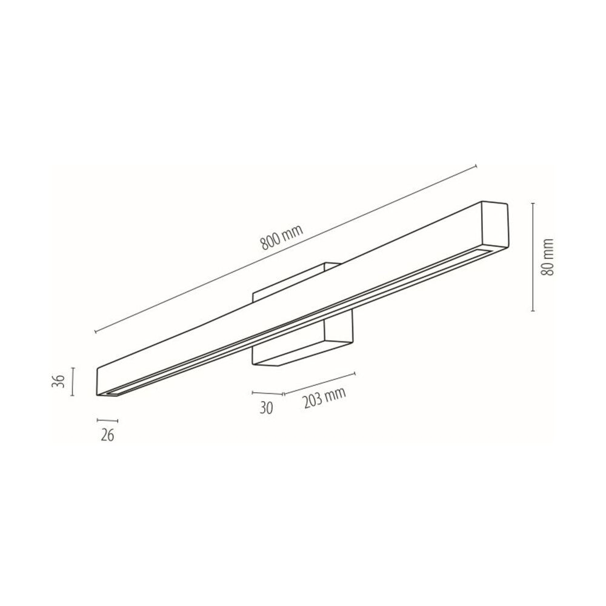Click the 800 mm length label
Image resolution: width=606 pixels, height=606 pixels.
[282, 237]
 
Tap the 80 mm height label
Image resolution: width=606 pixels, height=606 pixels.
[548, 256]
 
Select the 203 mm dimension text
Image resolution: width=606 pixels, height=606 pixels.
[324, 398]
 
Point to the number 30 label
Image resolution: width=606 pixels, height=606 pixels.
[266, 408]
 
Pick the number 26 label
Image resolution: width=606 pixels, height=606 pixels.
[107, 436]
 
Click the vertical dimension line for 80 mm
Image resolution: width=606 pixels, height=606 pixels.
[533, 256]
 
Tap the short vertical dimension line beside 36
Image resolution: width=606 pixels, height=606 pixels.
[72, 381]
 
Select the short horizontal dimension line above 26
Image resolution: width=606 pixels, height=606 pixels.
[107, 420]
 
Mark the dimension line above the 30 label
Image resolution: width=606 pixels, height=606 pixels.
[267, 393]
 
